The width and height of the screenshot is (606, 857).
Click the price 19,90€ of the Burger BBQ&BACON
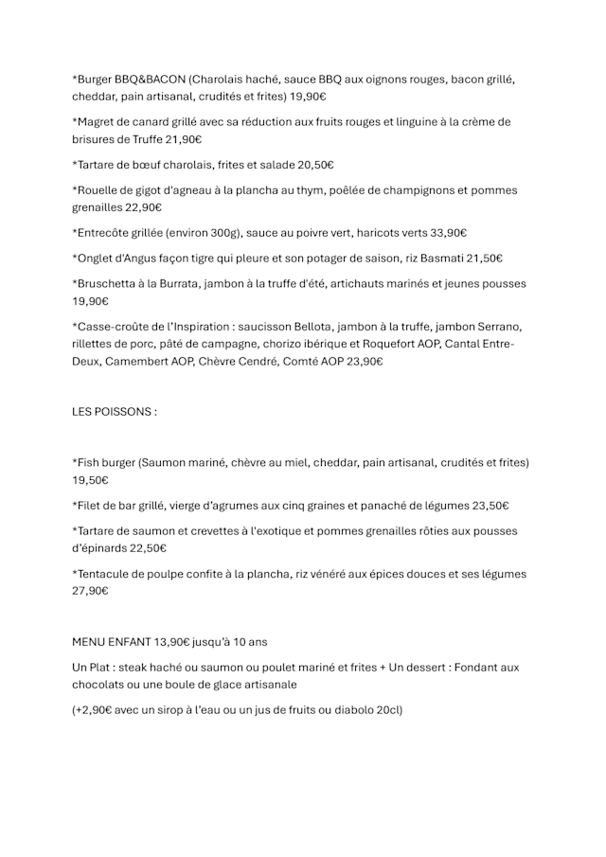[309, 97]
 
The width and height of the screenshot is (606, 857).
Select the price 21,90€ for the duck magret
[184, 139]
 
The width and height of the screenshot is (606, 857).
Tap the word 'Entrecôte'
[104, 233]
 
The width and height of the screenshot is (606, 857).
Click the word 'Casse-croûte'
[112, 327]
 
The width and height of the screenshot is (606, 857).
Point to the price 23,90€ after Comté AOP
[365, 361]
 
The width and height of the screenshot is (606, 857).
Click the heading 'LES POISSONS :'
[115, 412]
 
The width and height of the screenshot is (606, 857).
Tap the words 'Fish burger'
[105, 463]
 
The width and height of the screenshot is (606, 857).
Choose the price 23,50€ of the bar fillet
[490, 506]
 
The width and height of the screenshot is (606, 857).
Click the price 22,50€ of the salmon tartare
[148, 548]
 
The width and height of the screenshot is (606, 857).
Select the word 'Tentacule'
[106, 574]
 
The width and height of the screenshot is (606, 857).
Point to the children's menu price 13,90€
[185, 642]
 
